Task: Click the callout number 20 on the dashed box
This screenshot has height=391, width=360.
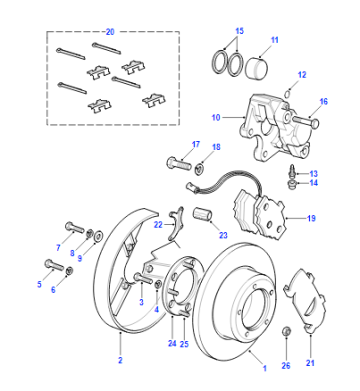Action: pos(110,32)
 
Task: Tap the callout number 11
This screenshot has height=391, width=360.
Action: pos(274,40)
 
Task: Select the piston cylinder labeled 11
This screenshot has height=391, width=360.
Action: pos(256,68)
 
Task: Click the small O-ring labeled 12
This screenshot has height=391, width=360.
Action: pos(287,94)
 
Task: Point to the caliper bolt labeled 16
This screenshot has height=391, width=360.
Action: pos(305,122)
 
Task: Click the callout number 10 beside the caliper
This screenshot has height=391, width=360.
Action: pos(216,117)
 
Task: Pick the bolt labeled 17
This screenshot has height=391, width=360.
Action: pos(178,163)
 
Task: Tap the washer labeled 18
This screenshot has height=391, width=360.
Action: pos(200,167)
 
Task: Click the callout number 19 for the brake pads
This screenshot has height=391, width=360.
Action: pos(311,218)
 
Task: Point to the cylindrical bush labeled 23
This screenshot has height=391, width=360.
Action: pos(202,214)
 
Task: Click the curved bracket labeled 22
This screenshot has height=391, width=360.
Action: pos(176,223)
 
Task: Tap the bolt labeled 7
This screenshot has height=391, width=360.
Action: pos(73,228)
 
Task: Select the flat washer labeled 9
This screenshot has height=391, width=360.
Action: pos(99,236)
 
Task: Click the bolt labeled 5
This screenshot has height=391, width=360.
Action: pos(54,265)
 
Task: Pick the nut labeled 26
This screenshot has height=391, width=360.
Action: pos(286,331)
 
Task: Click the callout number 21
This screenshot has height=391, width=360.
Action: pos(310,363)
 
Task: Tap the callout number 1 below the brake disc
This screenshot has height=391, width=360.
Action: pos(265,368)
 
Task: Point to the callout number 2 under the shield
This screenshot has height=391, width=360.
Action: pos(120,360)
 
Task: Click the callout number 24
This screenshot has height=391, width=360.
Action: pos(172,343)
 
